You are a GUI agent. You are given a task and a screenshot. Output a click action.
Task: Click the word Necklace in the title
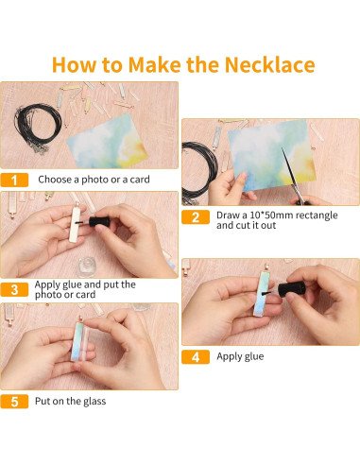[x=269, y=64]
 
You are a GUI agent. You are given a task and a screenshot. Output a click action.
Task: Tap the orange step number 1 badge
[x=14, y=180]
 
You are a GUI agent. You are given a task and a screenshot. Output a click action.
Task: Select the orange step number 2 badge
[x=196, y=217]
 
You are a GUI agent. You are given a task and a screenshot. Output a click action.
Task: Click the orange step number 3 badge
[x=14, y=289]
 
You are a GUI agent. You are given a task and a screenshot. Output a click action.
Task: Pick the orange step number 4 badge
[x=196, y=357]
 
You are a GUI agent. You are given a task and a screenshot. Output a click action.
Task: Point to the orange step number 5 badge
[x=14, y=402]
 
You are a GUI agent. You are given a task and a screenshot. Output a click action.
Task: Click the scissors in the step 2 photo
[x=295, y=177]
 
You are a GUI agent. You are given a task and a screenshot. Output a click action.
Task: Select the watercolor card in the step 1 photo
[x=107, y=141]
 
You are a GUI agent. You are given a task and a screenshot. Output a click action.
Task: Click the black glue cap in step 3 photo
[x=99, y=221]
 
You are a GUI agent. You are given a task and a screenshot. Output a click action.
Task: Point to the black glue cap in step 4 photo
[x=291, y=289]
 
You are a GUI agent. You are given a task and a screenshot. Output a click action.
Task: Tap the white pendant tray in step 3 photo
[x=75, y=224]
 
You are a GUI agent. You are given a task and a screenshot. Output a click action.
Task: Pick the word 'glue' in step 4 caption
[x=254, y=356]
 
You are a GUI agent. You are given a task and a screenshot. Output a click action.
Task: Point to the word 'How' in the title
[x=74, y=64]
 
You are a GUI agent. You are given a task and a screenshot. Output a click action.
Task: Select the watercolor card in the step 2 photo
[x=271, y=155]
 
